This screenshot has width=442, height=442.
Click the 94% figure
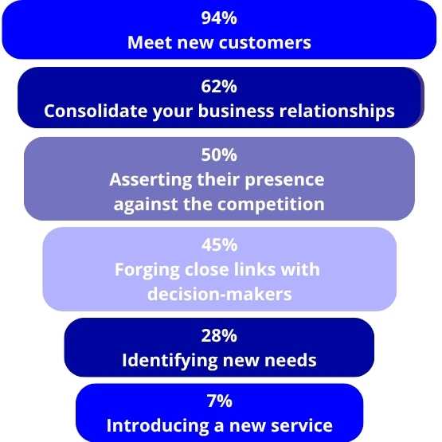[x=219, y=18]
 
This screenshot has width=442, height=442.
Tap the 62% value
[x=219, y=86]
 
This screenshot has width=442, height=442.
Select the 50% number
[x=219, y=155]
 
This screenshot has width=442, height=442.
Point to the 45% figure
[x=219, y=244]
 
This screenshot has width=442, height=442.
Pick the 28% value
[x=219, y=336]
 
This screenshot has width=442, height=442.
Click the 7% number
[x=220, y=401]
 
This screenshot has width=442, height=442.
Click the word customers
[x=265, y=42]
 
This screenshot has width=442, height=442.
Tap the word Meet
[x=151, y=42]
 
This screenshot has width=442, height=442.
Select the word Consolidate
[x=96, y=111]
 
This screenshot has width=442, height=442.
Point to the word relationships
[x=337, y=111]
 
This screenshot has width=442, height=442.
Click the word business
[x=236, y=111]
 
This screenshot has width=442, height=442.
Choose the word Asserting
[x=151, y=180]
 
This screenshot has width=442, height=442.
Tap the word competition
[x=271, y=205]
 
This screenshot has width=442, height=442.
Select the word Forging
[x=147, y=270]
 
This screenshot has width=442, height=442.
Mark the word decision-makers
[x=220, y=294]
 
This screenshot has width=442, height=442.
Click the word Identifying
[x=170, y=361]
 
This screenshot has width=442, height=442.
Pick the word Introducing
[x=158, y=426]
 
